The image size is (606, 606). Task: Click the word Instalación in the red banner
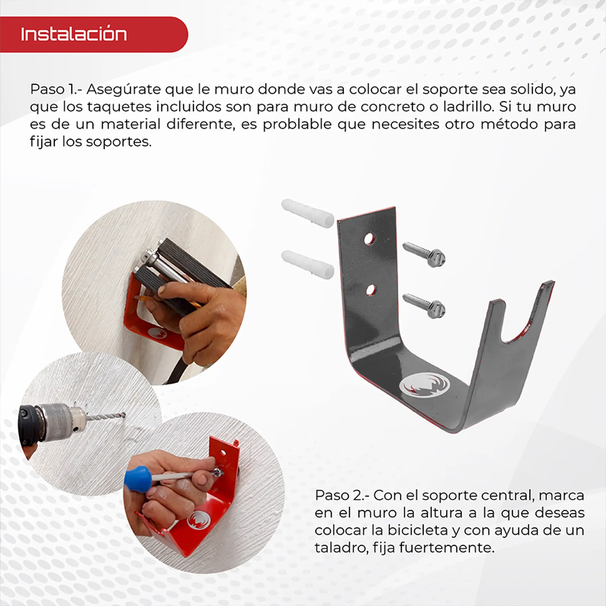tap(74, 34)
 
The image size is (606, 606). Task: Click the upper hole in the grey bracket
tap(369, 239)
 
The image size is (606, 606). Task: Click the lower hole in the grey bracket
tap(371, 290)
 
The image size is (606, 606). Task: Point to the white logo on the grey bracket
tap(425, 385)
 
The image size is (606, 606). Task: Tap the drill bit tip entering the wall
tap(123, 415)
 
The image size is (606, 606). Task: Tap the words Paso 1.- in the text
tap(53, 90)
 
